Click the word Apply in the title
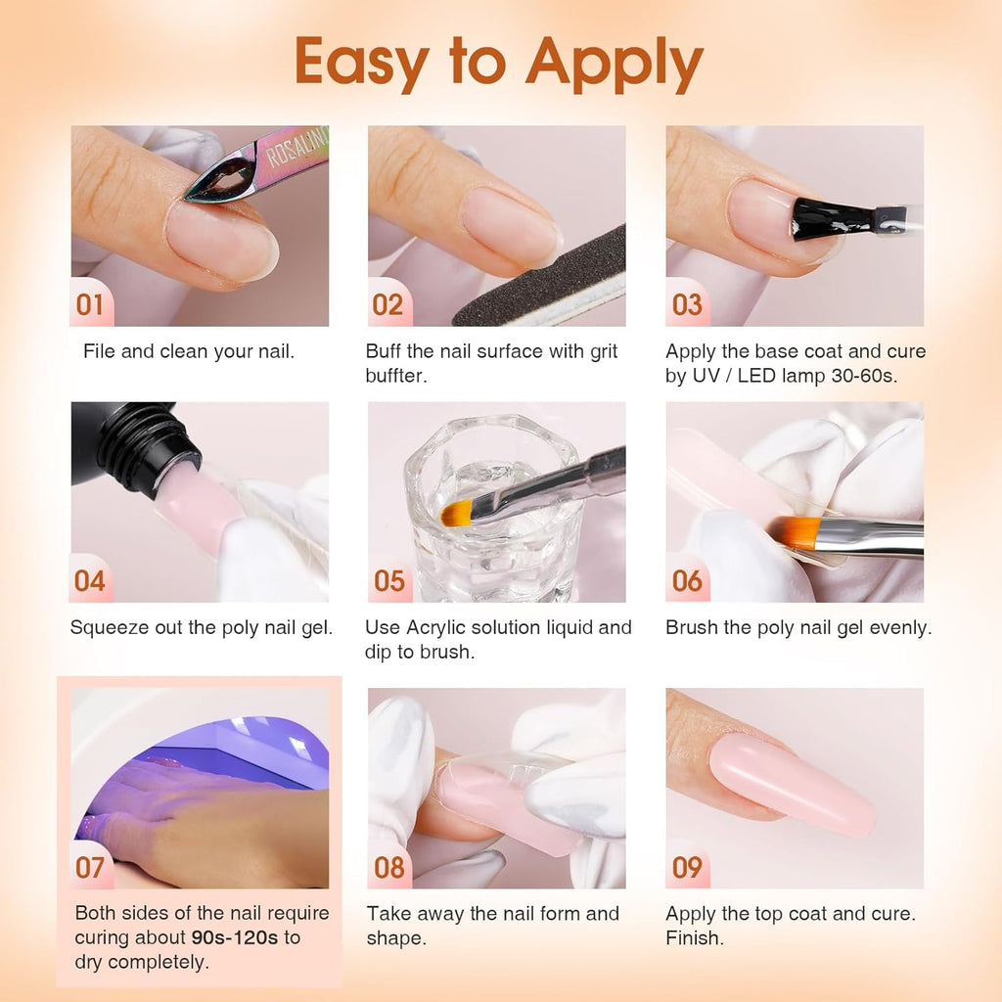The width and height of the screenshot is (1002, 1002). (x=614, y=66)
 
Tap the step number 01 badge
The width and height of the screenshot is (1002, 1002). (x=90, y=305)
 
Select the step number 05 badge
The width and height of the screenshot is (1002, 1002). (x=388, y=581)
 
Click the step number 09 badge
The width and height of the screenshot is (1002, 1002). (x=687, y=868)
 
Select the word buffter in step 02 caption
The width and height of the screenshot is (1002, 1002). (x=395, y=377)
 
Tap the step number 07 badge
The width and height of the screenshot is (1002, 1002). (x=90, y=868)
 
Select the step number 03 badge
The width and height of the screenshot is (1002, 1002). (x=687, y=305)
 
